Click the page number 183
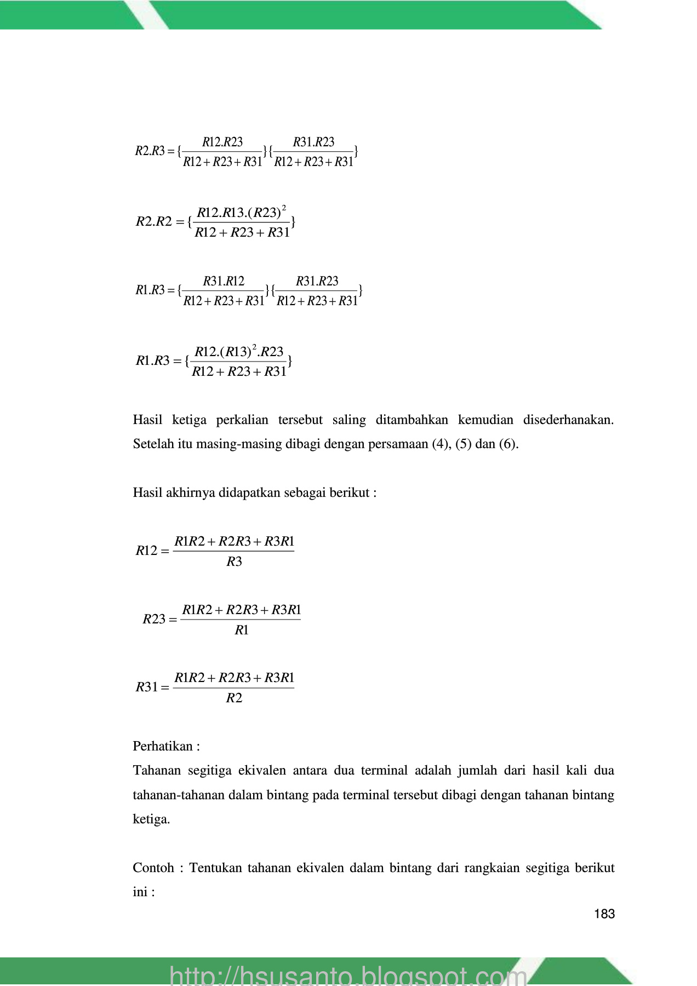[604, 914]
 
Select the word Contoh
[153, 868]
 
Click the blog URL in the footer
[348, 976]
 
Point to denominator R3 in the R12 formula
[234, 561]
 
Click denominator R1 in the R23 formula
[242, 630]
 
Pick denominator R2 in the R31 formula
[234, 698]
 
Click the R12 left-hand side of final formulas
[146, 551]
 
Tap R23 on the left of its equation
[154, 619]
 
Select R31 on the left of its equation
[146, 687]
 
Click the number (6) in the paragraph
[508, 444]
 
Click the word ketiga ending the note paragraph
[151, 819]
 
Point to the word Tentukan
[215, 868]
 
